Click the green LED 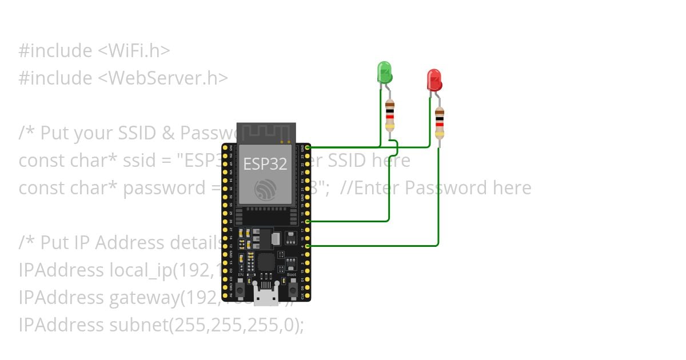coord(385,73)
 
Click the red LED coord(434,80)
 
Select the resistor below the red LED coord(439,122)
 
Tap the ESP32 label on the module coord(265,164)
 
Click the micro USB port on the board coord(266,297)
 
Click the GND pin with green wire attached coord(308,147)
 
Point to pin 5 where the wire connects coord(308,221)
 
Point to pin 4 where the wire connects coord(308,246)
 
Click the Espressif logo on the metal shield coord(265,189)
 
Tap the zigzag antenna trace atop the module coord(266,133)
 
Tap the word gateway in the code coord(143,298)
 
